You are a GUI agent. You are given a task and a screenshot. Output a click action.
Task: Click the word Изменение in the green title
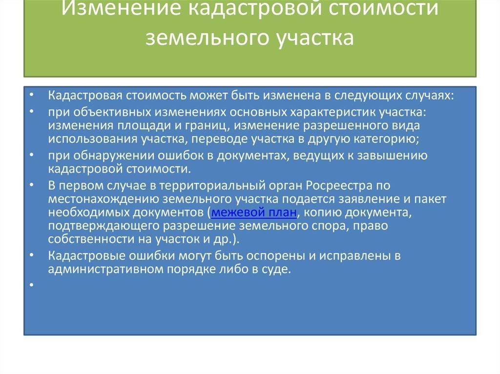click(121, 8)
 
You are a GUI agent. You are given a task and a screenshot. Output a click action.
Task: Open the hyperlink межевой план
click(254, 212)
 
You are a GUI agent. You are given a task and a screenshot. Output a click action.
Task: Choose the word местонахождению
click(104, 199)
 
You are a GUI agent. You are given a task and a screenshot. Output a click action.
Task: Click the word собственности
click(91, 239)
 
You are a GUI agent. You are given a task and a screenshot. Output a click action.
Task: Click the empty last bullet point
click(32, 284)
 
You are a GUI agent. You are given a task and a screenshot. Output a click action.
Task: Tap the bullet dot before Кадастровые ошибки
click(32, 255)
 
